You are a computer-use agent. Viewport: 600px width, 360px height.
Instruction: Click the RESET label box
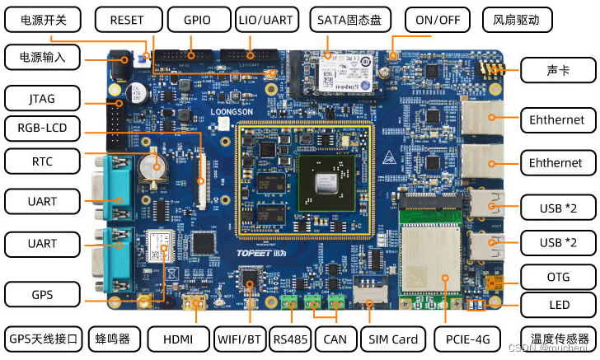coord(126,20)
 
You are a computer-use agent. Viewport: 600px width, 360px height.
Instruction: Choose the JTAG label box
coord(42,99)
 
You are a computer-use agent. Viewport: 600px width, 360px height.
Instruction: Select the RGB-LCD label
coord(42,128)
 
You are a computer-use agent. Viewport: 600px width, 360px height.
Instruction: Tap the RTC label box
coord(42,161)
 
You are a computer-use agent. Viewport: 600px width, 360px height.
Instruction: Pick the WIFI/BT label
coord(241,339)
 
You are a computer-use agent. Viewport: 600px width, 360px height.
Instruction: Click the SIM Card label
coord(393,339)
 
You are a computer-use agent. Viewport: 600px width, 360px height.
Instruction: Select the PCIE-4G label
coord(468,339)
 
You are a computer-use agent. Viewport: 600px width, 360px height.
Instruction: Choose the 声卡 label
coord(557,72)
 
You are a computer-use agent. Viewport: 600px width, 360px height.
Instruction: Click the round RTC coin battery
coord(150,166)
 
